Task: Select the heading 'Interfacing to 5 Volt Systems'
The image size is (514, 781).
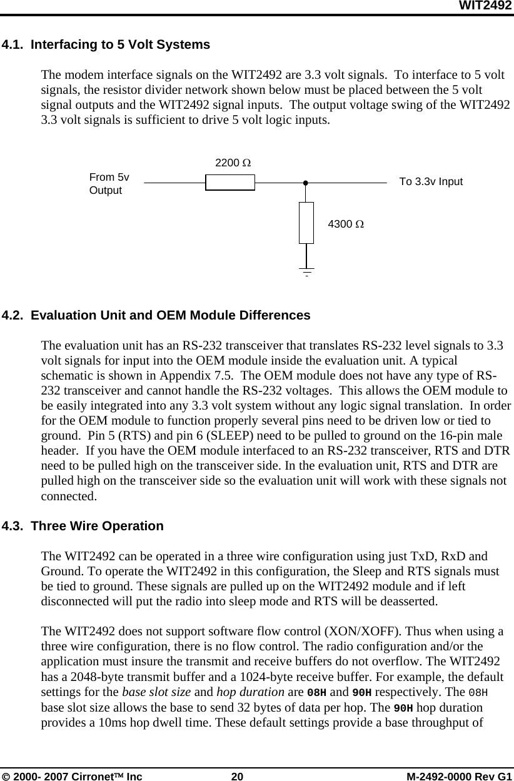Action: pyautogui.click(x=120, y=45)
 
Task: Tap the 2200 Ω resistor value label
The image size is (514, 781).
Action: pyautogui.click(x=233, y=163)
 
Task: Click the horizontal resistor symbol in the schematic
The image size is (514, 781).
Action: pyautogui.click(x=230, y=183)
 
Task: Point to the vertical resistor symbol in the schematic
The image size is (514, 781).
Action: pyautogui.click(x=306, y=223)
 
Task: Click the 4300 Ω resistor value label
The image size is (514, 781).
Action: pyautogui.click(x=346, y=224)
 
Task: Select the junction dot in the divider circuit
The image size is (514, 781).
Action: pyautogui.click(x=306, y=183)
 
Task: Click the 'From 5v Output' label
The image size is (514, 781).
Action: pyautogui.click(x=109, y=183)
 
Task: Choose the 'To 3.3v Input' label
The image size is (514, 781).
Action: pyautogui.click(x=431, y=182)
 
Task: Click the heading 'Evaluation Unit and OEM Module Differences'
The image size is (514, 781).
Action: pyautogui.click(x=170, y=316)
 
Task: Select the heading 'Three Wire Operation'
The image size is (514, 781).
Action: pyautogui.click(x=97, y=526)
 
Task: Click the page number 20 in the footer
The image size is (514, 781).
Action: pyautogui.click(x=237, y=776)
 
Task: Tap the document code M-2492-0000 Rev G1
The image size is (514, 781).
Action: pyautogui.click(x=458, y=776)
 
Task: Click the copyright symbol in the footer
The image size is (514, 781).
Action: pyautogui.click(x=6, y=776)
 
